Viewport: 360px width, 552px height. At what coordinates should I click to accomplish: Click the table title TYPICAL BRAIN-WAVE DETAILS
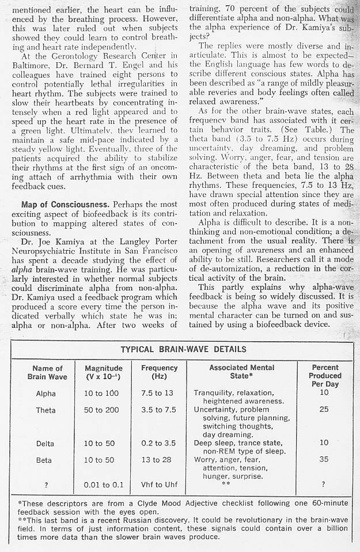183,349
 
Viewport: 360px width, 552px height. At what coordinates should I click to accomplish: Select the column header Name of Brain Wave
47,372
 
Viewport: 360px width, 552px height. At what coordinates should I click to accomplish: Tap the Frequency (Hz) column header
159,372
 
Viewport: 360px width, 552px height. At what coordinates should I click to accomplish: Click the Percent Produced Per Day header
325,375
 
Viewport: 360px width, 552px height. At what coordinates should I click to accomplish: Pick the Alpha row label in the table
46,394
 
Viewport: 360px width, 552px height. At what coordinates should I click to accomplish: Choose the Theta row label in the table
46,410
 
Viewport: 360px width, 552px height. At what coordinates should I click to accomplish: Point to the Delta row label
46,444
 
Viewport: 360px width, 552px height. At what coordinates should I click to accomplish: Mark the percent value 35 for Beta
324,460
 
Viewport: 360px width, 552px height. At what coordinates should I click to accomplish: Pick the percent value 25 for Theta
324,410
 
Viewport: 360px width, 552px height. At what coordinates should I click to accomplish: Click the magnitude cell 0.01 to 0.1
104,485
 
